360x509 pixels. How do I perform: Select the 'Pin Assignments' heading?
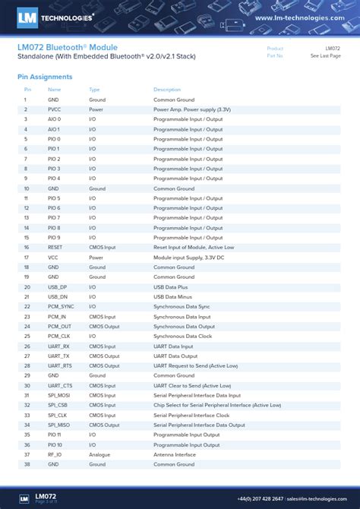[45, 77]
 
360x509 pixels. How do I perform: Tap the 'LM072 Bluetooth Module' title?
[67, 47]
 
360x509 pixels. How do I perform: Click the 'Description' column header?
[167, 90]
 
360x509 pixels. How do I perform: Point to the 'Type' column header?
[94, 90]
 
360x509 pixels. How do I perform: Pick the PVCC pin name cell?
[55, 109]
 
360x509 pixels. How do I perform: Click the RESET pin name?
[55, 247]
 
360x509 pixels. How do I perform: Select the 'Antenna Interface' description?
[175, 454]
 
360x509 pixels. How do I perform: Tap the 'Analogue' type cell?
[99, 454]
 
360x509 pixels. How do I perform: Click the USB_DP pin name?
[58, 286]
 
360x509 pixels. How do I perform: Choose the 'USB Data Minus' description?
[175, 296]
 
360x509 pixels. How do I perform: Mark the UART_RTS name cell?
[59, 365]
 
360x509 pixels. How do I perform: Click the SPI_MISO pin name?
[58, 425]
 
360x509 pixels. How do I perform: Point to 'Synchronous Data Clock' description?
[183, 336]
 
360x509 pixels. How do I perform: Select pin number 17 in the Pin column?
[26, 257]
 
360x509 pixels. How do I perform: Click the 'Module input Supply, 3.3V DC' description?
[189, 257]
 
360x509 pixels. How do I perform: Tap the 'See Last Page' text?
[325, 55]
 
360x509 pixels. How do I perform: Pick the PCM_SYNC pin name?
[61, 306]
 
